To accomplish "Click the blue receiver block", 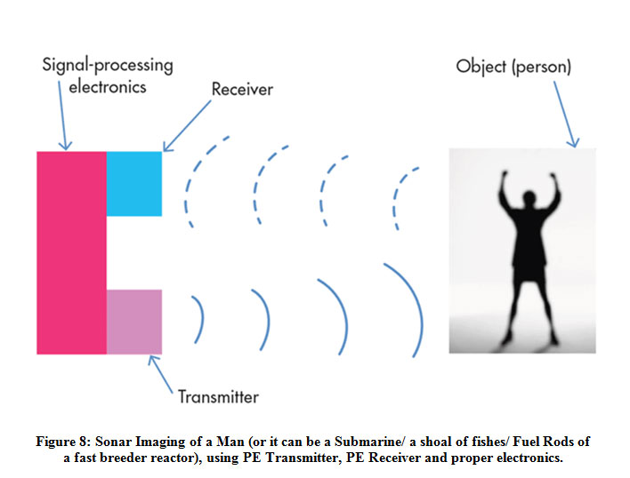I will click(134, 183).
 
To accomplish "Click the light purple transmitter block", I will click(134, 322).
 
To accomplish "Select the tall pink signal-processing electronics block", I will click(71, 252).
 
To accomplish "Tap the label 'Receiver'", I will click(242, 90).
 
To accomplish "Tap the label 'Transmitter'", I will click(218, 396).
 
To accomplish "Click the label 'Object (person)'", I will click(513, 67).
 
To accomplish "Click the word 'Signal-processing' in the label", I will click(107, 65).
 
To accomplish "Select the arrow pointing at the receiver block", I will click(185, 124).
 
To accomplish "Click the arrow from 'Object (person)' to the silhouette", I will click(560, 111).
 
